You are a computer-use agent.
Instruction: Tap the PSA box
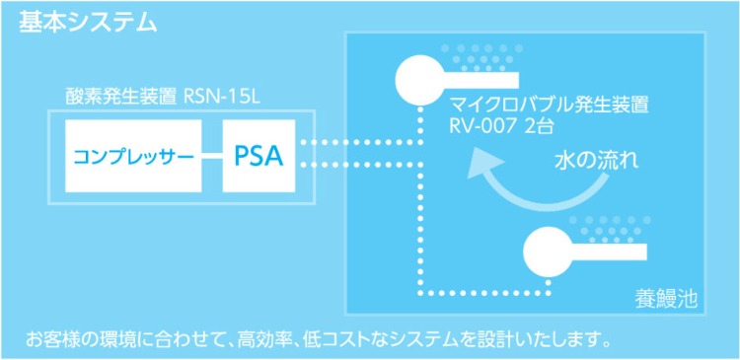tap(258, 156)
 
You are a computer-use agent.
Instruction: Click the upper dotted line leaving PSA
tap(360, 142)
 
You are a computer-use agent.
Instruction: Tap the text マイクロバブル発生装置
tap(550, 104)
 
